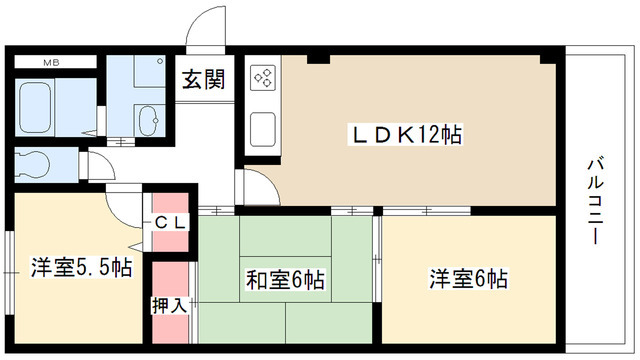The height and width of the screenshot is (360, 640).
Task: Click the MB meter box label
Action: point(51,62)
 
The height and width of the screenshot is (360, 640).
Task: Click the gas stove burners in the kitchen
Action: point(263,78)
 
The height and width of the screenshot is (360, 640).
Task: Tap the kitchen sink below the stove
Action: point(263,127)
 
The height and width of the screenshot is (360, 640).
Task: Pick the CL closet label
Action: point(169,223)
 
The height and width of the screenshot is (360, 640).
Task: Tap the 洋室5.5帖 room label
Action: point(80,267)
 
